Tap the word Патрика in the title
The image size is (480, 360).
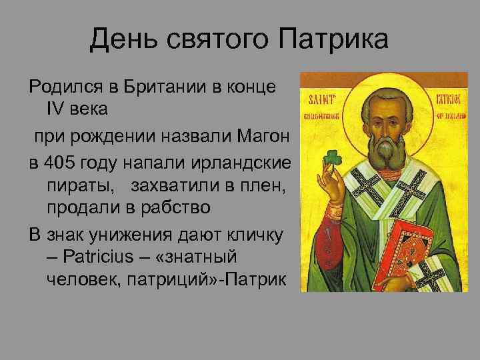coord(333,40)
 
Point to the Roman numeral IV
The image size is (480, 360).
coord(56,107)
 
